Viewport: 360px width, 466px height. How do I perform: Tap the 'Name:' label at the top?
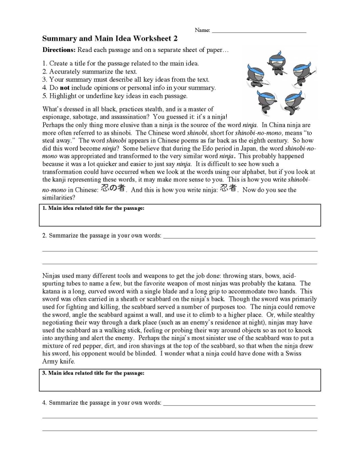[x=202, y=30]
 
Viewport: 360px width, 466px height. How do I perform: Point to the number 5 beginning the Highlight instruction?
[x=44, y=96]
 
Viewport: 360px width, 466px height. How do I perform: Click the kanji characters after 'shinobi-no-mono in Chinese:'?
[x=113, y=188]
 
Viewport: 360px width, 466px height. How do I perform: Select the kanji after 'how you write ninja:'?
[x=228, y=188]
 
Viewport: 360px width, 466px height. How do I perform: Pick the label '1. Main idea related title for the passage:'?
[x=93, y=208]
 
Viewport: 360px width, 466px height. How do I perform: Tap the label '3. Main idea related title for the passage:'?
[x=93, y=373]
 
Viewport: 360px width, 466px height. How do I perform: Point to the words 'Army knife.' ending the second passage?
[x=59, y=362]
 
